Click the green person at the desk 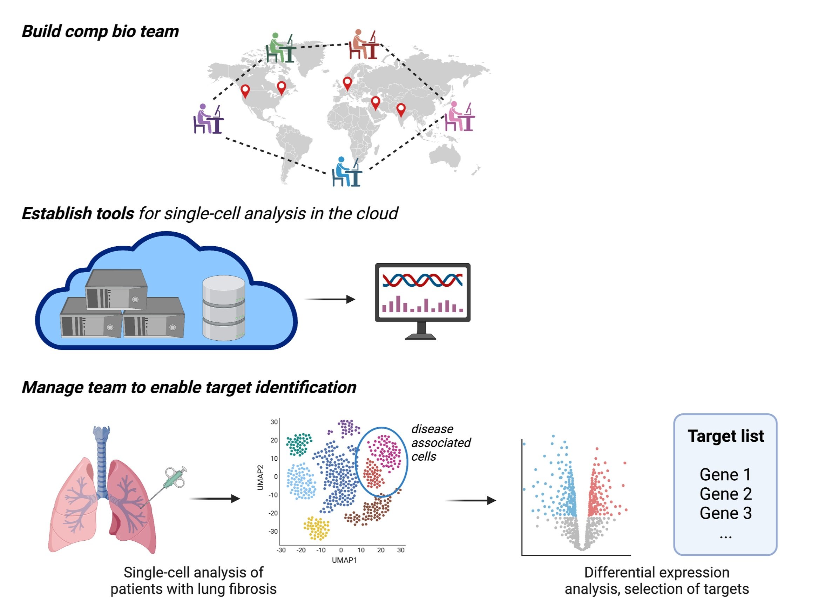point(280,48)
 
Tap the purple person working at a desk point(208,119)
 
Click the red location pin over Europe point(347,83)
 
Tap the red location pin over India point(400,109)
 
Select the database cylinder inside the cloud point(223,308)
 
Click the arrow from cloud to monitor point(330,299)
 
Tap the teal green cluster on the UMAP point(299,444)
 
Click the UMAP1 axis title point(344,560)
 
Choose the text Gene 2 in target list point(725,494)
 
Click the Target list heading point(725,436)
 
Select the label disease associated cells point(440,443)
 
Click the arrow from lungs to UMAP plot point(215,499)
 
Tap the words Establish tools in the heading point(77,214)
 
